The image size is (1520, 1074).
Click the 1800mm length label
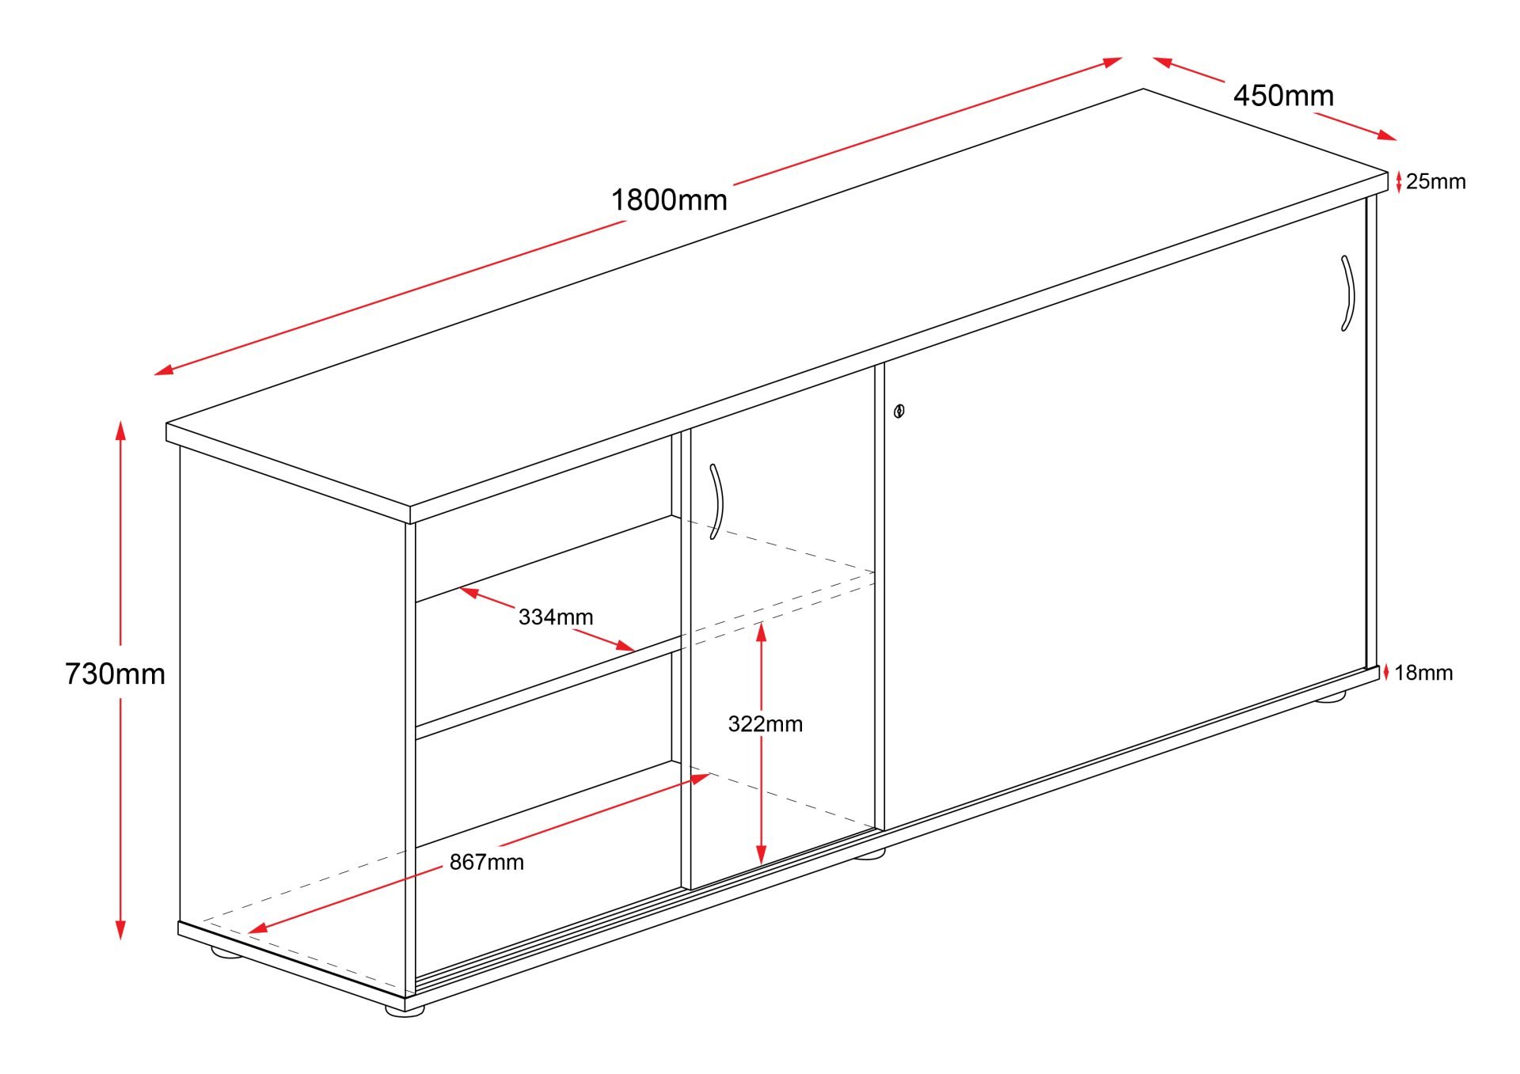coord(669,200)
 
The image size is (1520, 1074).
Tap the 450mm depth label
coord(1283,96)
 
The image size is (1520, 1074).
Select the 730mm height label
coord(116,674)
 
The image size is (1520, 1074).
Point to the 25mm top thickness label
coord(1436,182)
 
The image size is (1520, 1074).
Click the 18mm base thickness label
coord(1423,673)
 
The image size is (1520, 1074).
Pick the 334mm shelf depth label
coord(556,617)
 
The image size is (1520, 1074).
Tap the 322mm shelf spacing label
coord(766,724)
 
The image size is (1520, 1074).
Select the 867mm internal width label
coord(487,862)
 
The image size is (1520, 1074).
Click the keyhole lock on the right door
coord(899,411)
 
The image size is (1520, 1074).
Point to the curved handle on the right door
coord(1347,293)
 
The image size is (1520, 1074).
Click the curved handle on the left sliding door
coord(716,502)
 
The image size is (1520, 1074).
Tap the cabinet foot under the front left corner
coord(405,1010)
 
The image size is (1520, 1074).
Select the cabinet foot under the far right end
coord(1330,696)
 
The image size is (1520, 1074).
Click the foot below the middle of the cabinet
coord(870,854)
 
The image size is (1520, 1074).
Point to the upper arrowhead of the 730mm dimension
coord(120,431)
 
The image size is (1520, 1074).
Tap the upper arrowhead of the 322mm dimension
coord(761,632)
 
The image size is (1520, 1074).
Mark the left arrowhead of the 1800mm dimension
coord(164,369)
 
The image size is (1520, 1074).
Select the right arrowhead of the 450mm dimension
coord(1386,135)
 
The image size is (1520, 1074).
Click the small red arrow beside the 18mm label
coord(1386,673)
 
